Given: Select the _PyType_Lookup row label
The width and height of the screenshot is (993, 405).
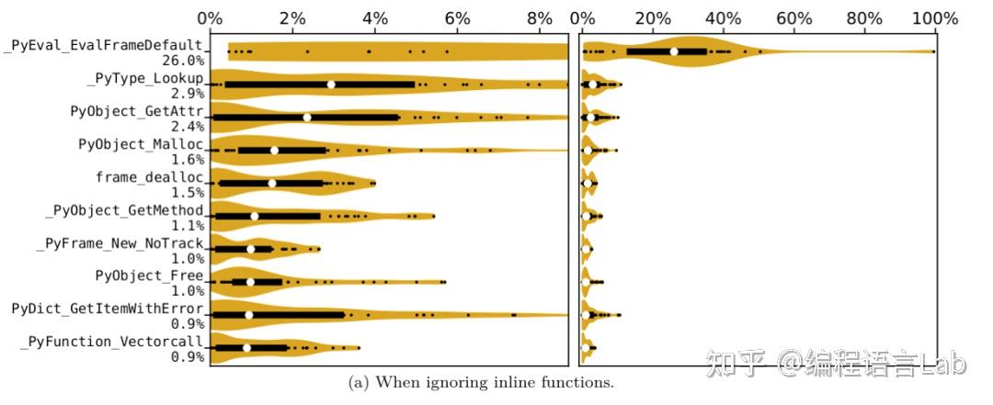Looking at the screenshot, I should (144, 79).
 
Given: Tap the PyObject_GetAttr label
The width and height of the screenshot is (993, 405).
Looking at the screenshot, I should (137, 112).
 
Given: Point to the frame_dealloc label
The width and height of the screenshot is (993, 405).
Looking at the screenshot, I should (150, 176).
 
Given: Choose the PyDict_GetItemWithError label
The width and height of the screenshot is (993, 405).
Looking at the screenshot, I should (108, 308).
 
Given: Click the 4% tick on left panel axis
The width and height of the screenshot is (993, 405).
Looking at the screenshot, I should (375, 18).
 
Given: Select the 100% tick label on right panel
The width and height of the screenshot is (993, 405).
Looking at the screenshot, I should (934, 18).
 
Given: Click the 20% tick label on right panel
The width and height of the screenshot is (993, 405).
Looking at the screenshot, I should (652, 18).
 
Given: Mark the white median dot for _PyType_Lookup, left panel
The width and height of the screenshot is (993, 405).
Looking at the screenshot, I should (331, 84).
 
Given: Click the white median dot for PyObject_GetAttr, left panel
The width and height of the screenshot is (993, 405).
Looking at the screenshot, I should (307, 118).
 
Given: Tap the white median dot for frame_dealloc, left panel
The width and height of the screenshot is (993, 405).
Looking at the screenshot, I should (272, 184).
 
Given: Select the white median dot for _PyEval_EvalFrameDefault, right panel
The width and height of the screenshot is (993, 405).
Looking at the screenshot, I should (674, 51).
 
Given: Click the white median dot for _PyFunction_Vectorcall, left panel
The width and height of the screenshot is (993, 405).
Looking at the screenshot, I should (246, 348).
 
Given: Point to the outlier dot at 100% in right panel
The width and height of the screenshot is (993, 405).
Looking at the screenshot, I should (933, 51).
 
